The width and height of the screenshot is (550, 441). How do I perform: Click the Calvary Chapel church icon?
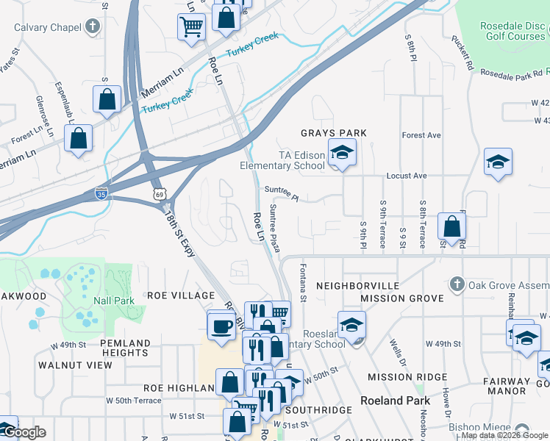tap(92, 27)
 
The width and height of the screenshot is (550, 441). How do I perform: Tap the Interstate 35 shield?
tap(102, 194)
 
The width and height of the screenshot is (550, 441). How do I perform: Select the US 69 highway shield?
tap(159, 194)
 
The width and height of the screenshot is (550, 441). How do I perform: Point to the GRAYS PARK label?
tap(333, 133)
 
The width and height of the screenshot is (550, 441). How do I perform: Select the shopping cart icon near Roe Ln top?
tap(191, 26)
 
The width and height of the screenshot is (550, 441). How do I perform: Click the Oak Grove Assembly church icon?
tap(457, 284)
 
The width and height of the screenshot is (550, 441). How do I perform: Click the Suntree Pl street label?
tap(282, 193)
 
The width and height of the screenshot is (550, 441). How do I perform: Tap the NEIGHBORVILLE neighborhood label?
tap(357, 285)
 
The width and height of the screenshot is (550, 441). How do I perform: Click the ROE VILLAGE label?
tap(180, 295)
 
